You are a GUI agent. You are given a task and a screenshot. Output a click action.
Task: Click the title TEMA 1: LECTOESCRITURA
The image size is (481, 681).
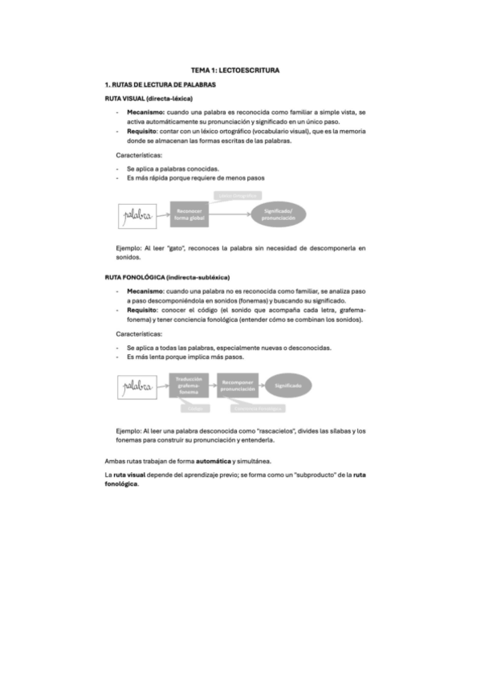(x=240, y=71)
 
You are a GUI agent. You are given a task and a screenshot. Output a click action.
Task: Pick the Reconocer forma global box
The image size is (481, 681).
(x=190, y=215)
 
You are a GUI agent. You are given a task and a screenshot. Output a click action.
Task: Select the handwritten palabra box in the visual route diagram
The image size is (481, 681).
(x=137, y=214)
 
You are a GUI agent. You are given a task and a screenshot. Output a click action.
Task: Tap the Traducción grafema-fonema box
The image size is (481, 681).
(x=189, y=385)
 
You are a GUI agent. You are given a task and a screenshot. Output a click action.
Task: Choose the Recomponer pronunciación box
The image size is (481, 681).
(x=238, y=385)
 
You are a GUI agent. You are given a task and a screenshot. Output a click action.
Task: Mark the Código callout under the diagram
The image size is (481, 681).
(x=193, y=408)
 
